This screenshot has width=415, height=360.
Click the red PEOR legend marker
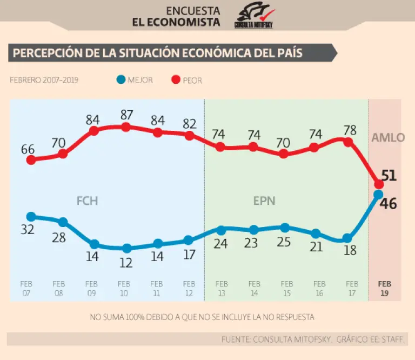pyautogui.click(x=175, y=80)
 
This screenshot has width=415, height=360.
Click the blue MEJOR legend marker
pyautogui.click(x=121, y=80)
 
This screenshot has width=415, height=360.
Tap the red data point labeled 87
pyautogui.click(x=126, y=127)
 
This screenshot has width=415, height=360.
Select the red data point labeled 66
pyautogui.click(x=31, y=159)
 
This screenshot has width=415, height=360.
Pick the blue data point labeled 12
pyautogui.click(x=126, y=249)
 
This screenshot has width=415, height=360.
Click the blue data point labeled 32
pyautogui.click(x=31, y=217)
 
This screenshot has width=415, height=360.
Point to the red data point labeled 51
pyautogui.click(x=379, y=184)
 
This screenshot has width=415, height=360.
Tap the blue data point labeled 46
pyautogui.click(x=379, y=195)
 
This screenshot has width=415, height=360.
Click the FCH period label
pyautogui.click(x=87, y=201)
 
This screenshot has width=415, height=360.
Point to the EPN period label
pyautogui.click(x=264, y=201)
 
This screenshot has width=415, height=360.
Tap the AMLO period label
pyautogui.click(x=387, y=137)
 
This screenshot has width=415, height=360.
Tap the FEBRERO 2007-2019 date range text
pyautogui.click(x=44, y=80)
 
